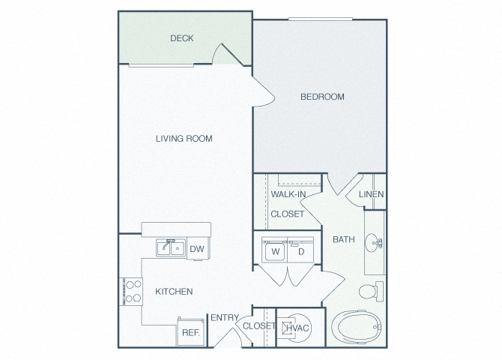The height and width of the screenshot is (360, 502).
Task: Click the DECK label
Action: pos(182,38)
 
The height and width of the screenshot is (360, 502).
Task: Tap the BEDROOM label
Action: pos(322,97)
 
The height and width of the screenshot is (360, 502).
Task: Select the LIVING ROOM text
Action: pos(184,139)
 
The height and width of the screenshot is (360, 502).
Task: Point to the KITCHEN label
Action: pos(174,292)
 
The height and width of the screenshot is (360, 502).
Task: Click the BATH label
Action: pos(343,239)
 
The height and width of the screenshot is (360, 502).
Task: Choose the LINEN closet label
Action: pos(371,194)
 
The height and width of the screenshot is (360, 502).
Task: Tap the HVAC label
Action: pos(297,328)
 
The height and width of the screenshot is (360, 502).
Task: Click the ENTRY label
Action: pos(225,318)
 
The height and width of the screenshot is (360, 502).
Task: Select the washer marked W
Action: pos(275,250)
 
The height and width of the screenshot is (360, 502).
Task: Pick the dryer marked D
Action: pos(300,250)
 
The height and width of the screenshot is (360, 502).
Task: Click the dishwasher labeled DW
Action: pos(198,248)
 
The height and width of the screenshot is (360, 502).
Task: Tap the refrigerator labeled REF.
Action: pos(190,331)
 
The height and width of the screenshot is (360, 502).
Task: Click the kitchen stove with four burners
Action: pos(131,292)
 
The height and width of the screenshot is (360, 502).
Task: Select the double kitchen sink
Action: pos(171,247)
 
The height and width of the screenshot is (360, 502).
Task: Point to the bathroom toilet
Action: pos(371,292)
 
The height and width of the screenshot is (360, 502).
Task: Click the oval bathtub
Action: pos(356,327)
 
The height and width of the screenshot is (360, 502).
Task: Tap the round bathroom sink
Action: pos(373,243)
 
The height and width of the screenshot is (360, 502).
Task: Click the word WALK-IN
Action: pos(288,194)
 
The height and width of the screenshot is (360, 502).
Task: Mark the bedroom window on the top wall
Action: pos(320,19)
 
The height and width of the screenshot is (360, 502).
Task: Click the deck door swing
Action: pos(227,55)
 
